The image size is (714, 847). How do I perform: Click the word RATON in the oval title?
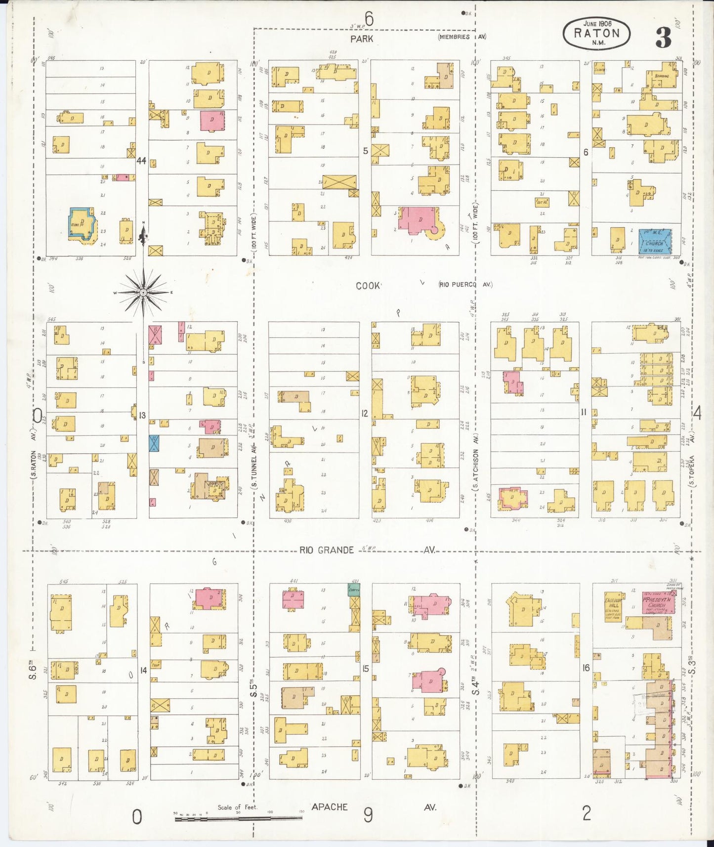(x=596, y=34)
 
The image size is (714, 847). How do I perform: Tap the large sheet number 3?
(x=663, y=37)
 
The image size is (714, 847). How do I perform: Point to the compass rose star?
(x=143, y=293)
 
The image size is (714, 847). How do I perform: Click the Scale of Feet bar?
(x=238, y=818)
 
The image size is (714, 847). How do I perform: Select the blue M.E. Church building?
(x=655, y=241)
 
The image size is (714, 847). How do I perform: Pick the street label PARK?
(x=362, y=39)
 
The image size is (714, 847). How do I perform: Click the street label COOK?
(x=368, y=286)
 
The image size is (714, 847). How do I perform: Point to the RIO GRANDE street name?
(x=327, y=550)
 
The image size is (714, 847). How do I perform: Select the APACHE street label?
(x=330, y=806)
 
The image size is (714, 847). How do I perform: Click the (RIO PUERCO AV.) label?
(x=465, y=284)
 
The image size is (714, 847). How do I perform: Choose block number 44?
(x=141, y=160)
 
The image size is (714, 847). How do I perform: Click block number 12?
(x=365, y=413)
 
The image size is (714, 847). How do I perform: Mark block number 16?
(x=586, y=668)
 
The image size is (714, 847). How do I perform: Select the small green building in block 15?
(x=354, y=589)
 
